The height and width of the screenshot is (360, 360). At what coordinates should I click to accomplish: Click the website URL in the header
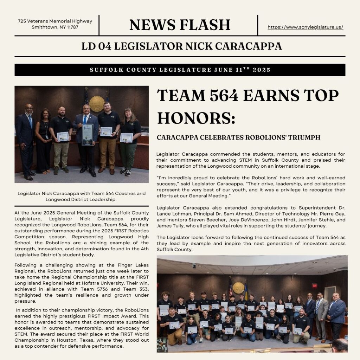point(305,27)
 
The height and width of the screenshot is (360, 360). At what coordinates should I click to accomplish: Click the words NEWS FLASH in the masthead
point(180,25)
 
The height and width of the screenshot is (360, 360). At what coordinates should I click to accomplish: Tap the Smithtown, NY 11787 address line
point(55,27)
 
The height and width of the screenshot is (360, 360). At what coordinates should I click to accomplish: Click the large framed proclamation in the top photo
point(88,134)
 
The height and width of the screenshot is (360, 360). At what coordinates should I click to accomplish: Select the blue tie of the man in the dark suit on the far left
point(31,121)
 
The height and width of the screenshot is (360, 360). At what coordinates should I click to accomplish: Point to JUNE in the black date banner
point(223,70)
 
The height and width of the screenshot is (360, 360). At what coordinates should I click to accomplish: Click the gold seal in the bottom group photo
point(238,288)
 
